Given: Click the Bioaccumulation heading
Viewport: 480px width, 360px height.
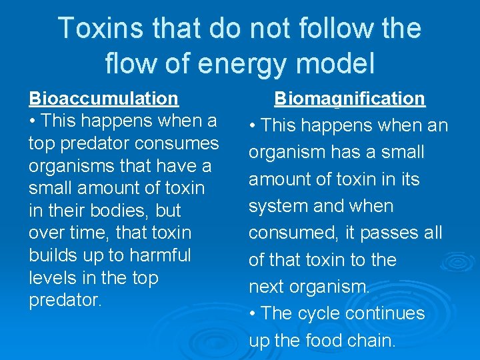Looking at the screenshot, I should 103,99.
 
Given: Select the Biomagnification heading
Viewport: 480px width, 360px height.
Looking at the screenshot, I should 349,99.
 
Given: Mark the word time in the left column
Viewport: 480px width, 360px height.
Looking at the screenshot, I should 91,233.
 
